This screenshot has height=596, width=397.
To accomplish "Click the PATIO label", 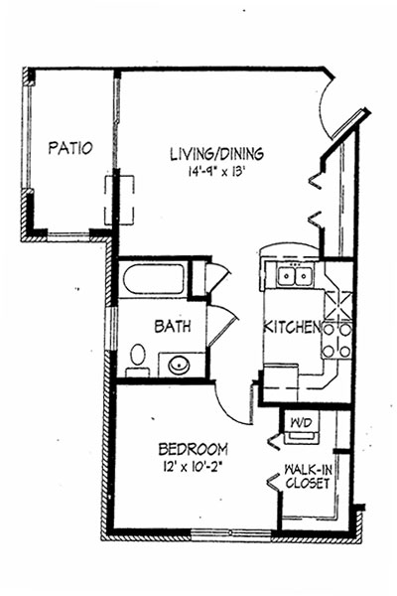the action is pyautogui.click(x=70, y=147).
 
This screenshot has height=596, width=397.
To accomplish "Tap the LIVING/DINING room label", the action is pyautogui.click(x=216, y=154).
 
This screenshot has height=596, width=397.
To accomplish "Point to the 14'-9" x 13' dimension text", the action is pyautogui.click(x=215, y=172).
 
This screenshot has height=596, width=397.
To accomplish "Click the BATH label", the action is pyautogui.click(x=172, y=326).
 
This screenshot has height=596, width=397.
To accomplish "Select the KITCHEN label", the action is pyautogui.click(x=292, y=327).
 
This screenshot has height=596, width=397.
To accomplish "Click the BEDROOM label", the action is pyautogui.click(x=193, y=449).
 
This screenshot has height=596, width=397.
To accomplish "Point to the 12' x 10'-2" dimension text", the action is pyautogui.click(x=192, y=467).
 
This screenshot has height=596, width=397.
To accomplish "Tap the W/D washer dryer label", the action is pyautogui.click(x=302, y=422).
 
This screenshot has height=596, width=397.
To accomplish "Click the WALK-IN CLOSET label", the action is pyautogui.click(x=308, y=477).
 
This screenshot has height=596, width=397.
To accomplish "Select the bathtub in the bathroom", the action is pyautogui.click(x=154, y=278).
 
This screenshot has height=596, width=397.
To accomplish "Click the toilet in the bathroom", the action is pyautogui.click(x=138, y=361).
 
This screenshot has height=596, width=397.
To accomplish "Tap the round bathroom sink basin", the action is pyautogui.click(x=179, y=365).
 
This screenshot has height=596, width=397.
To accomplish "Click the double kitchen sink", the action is pyautogui.click(x=295, y=275).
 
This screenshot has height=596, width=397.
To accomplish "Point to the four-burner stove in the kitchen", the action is pyautogui.click(x=336, y=340).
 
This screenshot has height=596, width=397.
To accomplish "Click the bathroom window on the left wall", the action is pyautogui.click(x=113, y=328).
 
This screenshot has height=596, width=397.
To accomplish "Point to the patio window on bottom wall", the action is pyautogui.click(x=68, y=236).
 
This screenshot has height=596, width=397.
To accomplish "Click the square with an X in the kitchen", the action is pyautogui.click(x=338, y=305).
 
